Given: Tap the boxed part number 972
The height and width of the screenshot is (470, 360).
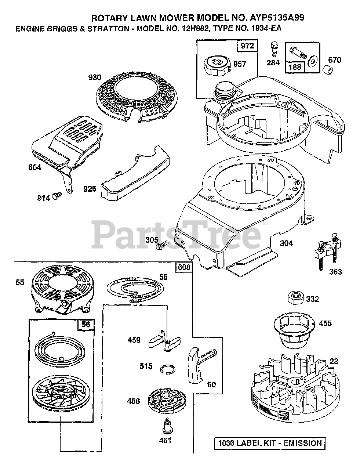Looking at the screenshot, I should click(247, 46).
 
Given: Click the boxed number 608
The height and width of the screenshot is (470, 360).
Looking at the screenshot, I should click(183, 267).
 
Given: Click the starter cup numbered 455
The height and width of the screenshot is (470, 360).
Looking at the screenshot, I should click(294, 330).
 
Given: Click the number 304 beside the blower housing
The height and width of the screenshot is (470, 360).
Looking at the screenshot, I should click(287, 243).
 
